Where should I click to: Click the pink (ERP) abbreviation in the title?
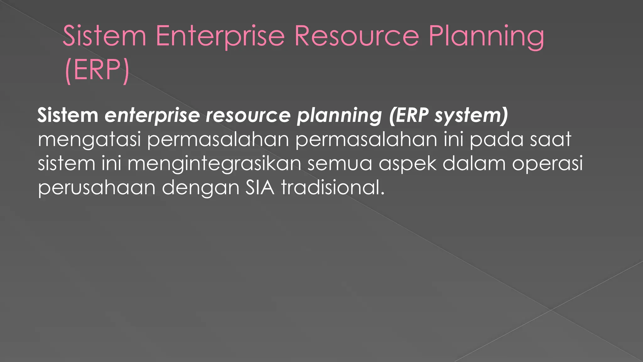tap(97, 70)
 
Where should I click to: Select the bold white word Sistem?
tap(68, 115)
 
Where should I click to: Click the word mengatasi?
tap(89, 140)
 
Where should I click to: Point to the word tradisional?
tap(333, 188)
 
